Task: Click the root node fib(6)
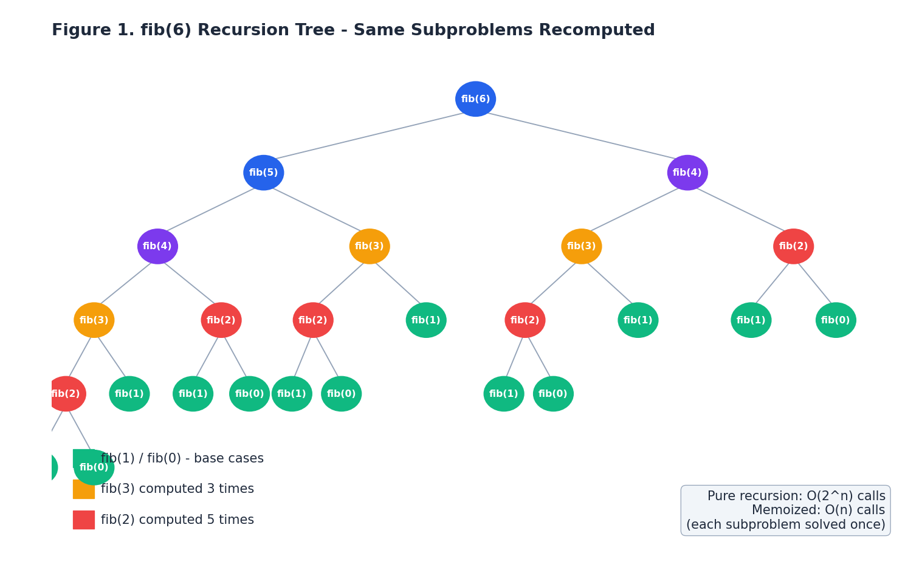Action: click(475, 99)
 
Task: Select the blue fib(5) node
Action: click(263, 173)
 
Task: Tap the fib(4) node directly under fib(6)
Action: click(687, 173)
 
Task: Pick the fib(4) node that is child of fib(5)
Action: click(157, 246)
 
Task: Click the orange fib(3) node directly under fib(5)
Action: click(370, 246)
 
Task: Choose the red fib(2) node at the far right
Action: click(793, 246)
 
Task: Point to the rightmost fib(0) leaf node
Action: click(836, 320)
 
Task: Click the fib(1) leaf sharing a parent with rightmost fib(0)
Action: click(751, 320)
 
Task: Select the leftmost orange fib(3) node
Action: click(94, 320)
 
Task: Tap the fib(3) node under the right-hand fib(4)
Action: click(581, 246)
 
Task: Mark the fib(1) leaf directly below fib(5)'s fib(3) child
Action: click(426, 320)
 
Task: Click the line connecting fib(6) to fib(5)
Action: click(370, 136)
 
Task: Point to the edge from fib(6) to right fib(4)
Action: click(581, 136)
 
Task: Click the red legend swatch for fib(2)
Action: click(84, 520)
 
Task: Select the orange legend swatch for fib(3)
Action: click(84, 489)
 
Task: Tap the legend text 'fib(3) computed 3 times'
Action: click(177, 489)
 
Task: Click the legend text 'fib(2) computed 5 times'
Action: click(177, 520)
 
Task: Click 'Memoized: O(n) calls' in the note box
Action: click(818, 511)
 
